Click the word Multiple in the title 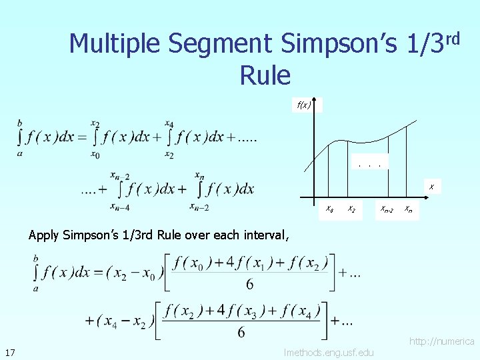click(115, 44)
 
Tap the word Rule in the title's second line click(265, 75)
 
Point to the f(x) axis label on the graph click(305, 105)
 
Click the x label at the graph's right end click(431, 187)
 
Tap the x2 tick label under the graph click(351, 209)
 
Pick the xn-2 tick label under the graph click(387, 210)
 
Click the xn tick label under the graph click(409, 210)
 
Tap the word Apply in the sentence click(44, 235)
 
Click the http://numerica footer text click(442, 341)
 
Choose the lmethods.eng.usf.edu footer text click(329, 352)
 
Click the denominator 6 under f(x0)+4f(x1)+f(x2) click(250, 285)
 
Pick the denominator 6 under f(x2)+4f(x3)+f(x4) click(241, 331)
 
